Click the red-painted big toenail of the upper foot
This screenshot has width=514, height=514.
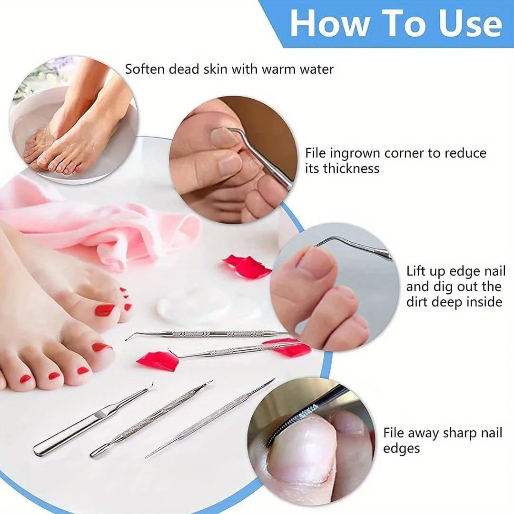(x=104, y=310)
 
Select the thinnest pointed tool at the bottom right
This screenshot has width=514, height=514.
(x=209, y=419)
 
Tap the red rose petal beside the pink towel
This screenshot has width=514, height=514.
(x=247, y=267)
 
